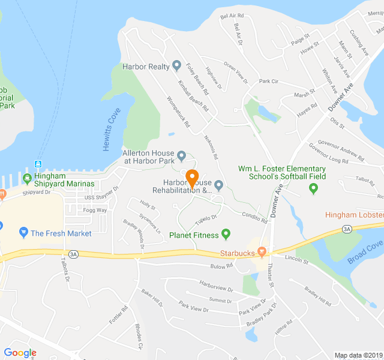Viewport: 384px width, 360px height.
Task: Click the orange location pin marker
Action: [193, 178]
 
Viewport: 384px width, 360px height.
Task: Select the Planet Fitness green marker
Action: [226, 234]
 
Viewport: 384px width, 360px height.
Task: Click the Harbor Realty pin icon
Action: [176, 65]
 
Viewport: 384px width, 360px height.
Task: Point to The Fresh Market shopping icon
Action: [23, 232]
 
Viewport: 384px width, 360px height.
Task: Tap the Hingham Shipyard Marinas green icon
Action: [27, 178]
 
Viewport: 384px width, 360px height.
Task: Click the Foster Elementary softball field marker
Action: [313, 188]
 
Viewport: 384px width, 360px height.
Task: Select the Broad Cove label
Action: [364, 252]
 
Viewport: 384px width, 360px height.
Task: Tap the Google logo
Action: [20, 353]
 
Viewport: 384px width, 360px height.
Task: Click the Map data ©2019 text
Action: [358, 355]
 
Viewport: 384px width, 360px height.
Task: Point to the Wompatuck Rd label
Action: [178, 112]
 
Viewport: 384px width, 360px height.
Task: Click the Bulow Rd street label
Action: [221, 265]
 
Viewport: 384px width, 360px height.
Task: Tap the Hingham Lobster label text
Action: [355, 215]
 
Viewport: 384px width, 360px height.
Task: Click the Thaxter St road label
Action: [271, 275]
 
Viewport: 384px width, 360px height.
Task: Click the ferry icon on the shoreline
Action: [38, 164]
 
